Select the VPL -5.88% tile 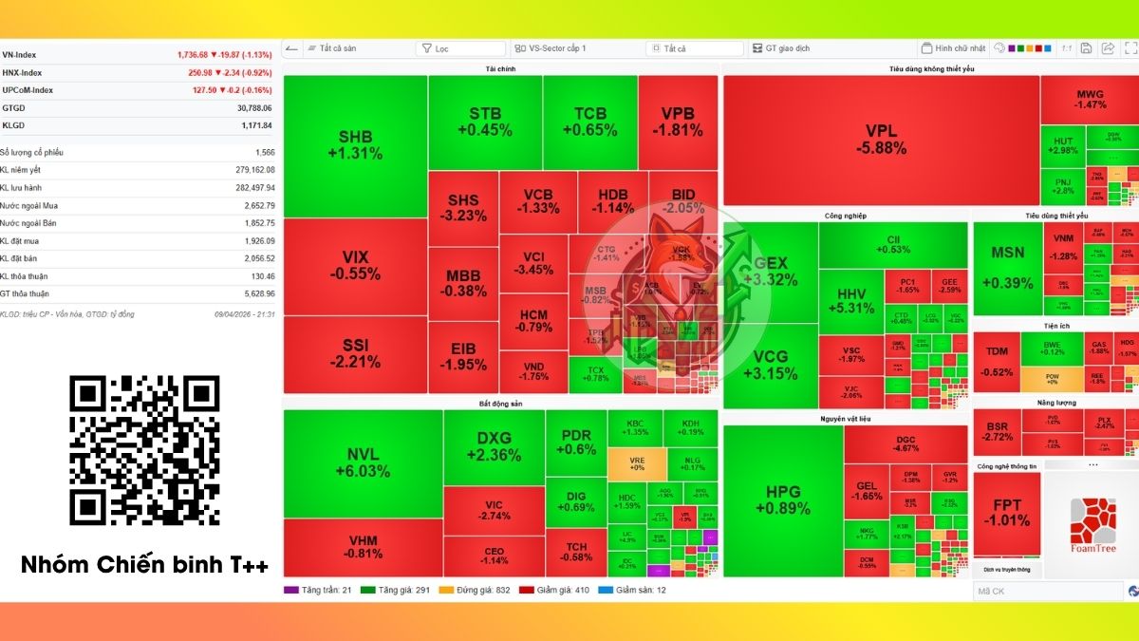click(880, 140)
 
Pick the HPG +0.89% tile click(783, 500)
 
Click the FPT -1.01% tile click(1006, 513)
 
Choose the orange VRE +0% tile click(636, 462)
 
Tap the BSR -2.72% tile click(998, 431)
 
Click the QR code click(144, 450)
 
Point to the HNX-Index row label click(22, 72)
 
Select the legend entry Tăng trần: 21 click(319, 590)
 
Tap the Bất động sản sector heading click(500, 404)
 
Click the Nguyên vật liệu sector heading click(845, 418)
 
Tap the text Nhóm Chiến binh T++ click(144, 566)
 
